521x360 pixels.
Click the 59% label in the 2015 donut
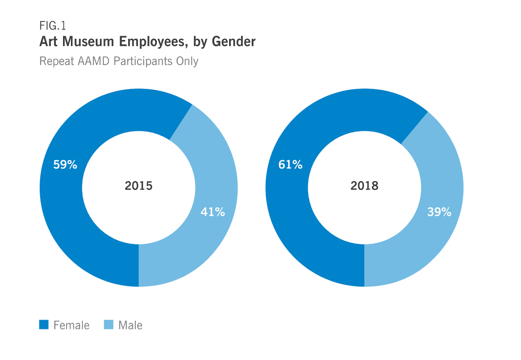point(65,165)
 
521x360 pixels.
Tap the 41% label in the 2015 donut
point(212,212)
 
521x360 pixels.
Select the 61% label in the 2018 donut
point(290,165)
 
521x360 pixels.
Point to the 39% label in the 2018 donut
point(439,212)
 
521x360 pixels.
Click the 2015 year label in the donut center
point(138,186)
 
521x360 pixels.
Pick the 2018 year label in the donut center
point(364,186)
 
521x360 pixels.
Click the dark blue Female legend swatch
point(44,325)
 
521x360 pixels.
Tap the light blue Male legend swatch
point(109,325)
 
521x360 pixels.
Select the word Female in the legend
point(71,325)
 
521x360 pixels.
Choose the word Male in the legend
point(130,325)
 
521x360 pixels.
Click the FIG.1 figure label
point(52,26)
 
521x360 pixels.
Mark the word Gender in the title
point(233,41)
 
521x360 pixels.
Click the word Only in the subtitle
point(187,61)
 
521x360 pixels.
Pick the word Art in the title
point(48,41)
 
